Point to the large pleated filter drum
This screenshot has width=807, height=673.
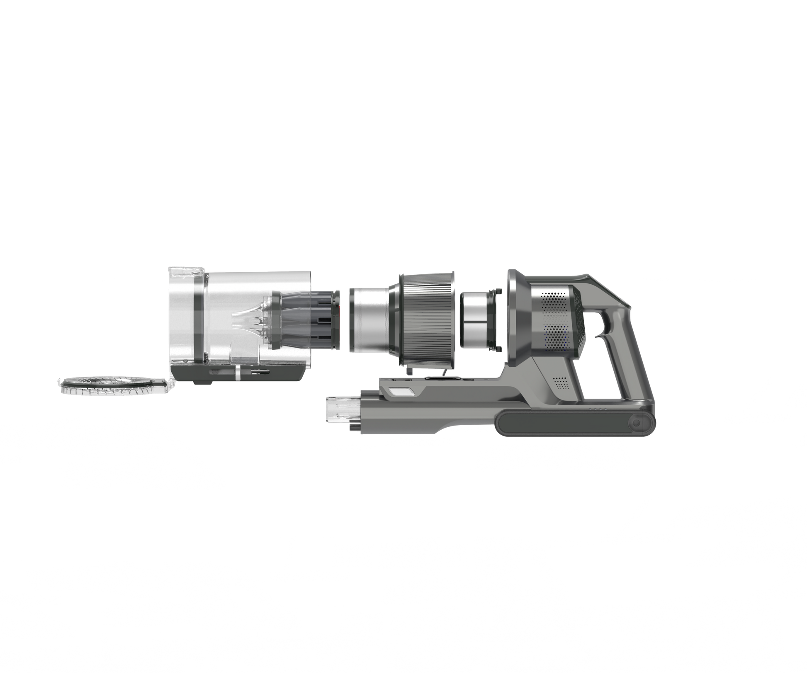pyautogui.click(x=427, y=319)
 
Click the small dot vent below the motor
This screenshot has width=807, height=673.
pyautogui.click(x=560, y=382)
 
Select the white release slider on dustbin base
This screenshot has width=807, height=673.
pyautogui.click(x=237, y=373)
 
